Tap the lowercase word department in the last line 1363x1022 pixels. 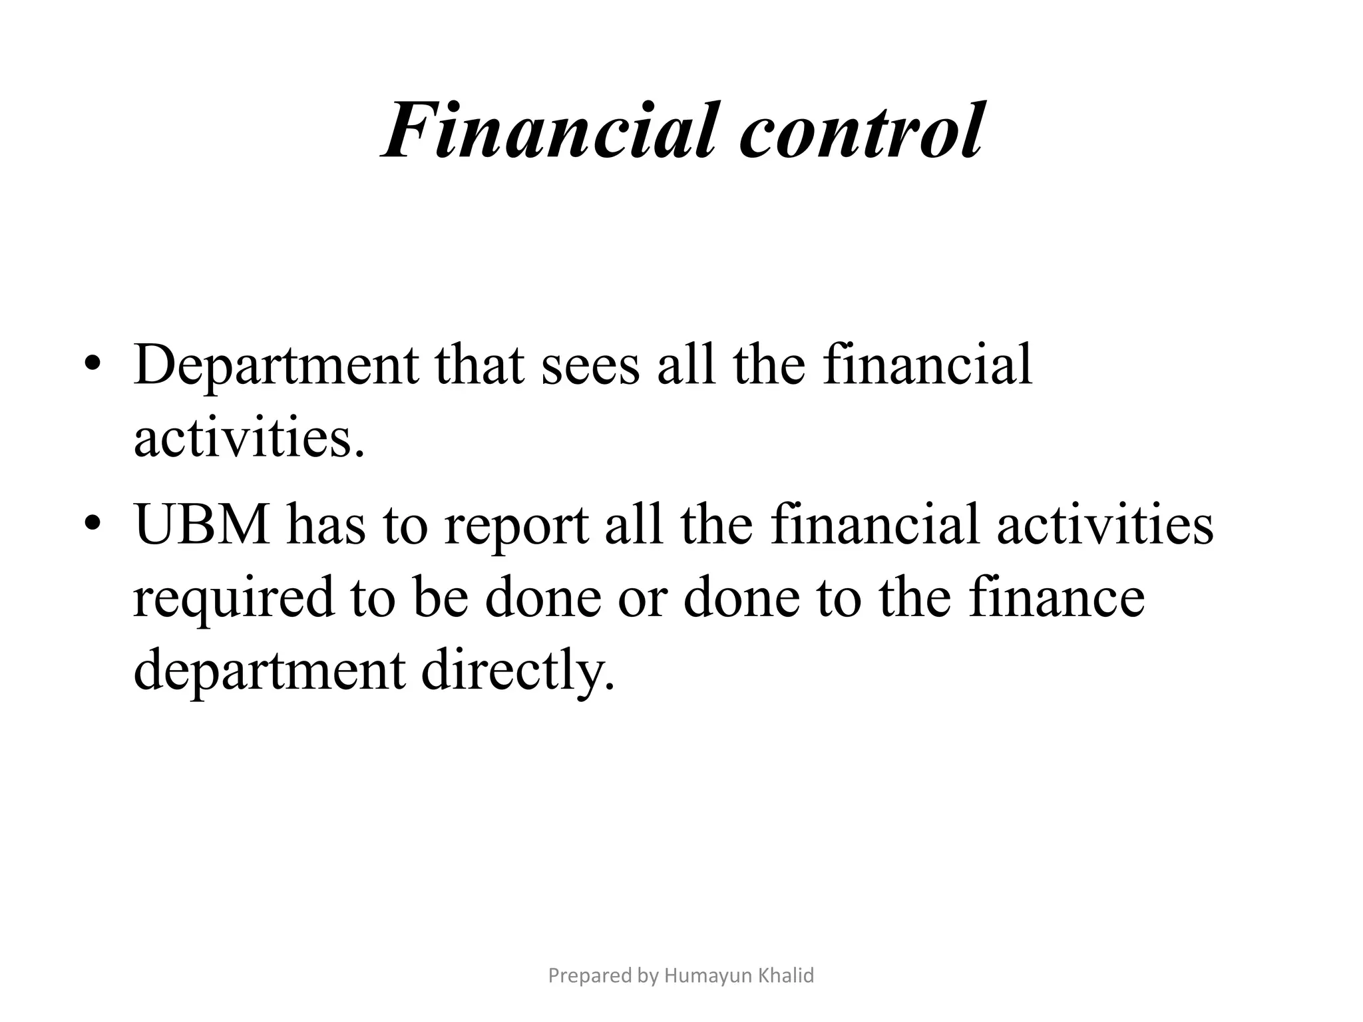coord(269,671)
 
